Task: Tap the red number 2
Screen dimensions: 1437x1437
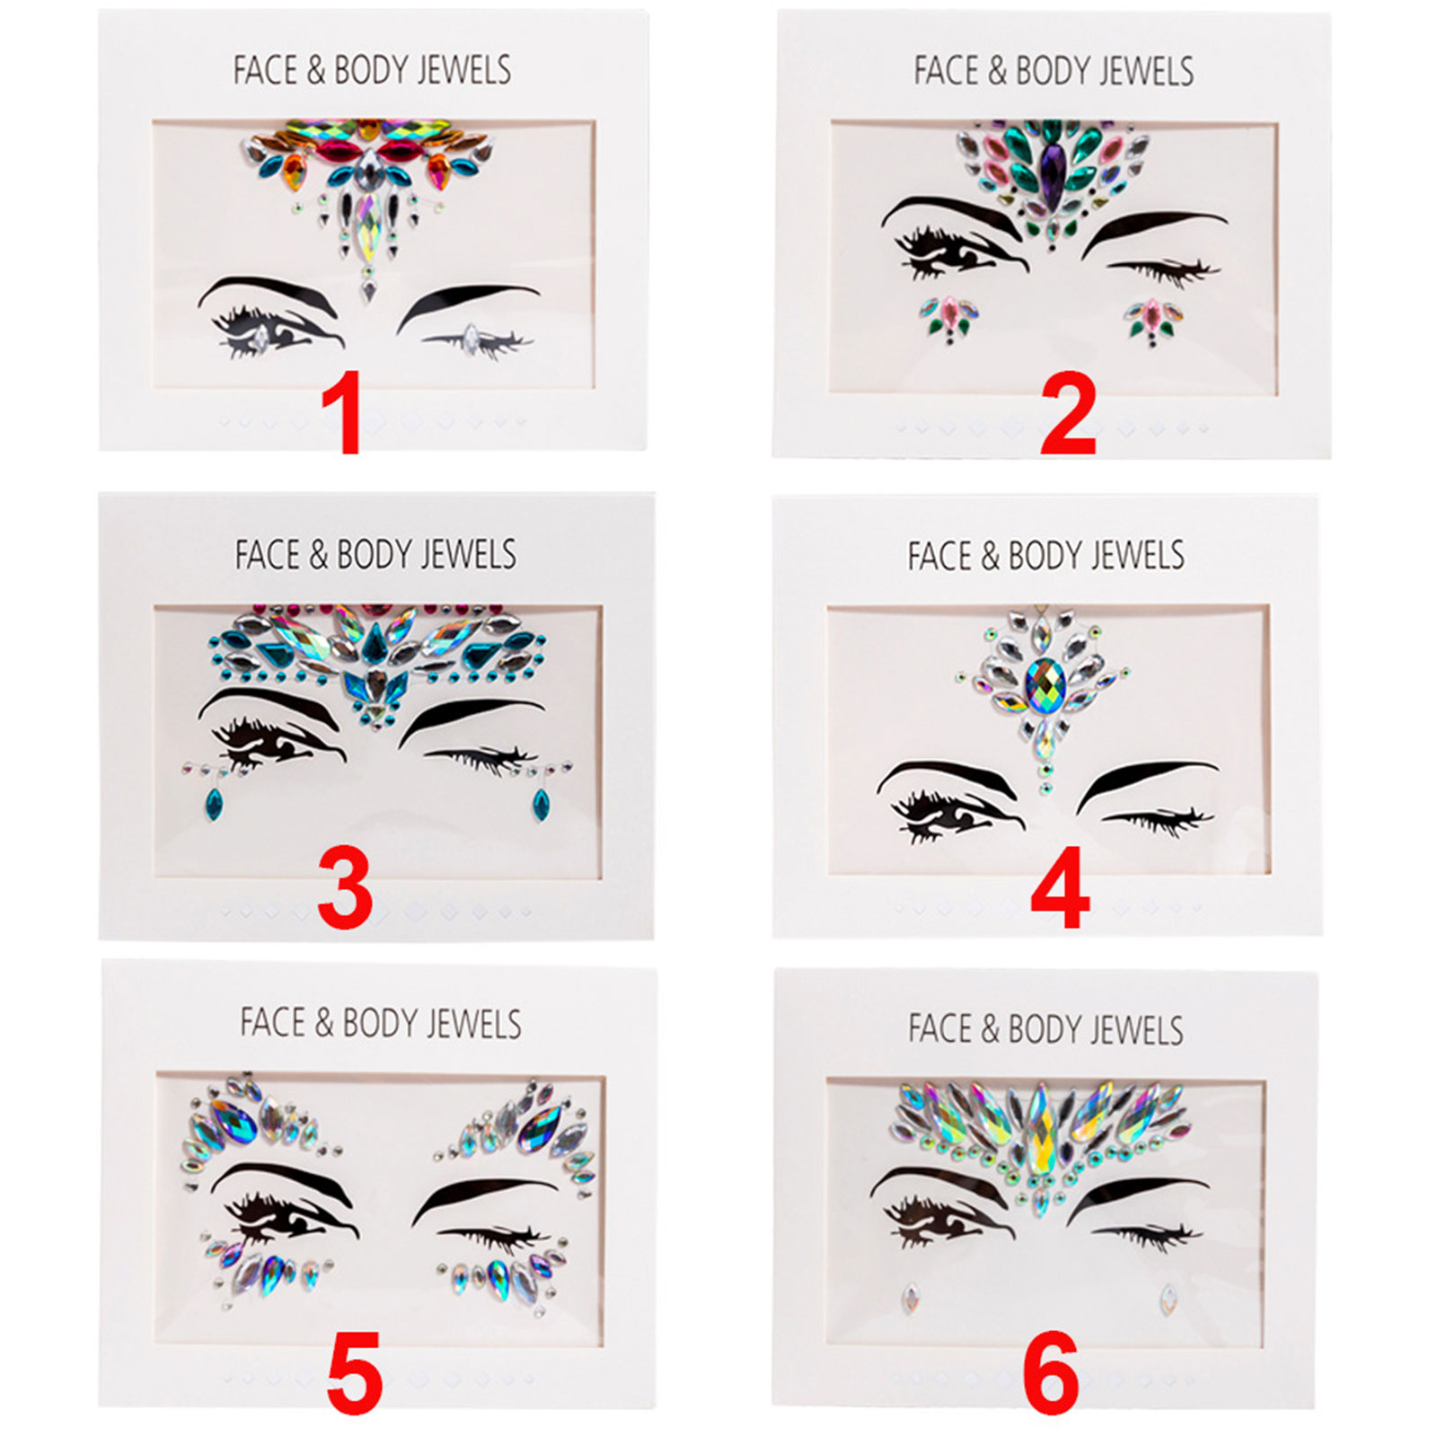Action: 1068,414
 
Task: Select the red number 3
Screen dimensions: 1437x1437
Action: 345,890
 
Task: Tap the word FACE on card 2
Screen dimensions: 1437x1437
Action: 947,71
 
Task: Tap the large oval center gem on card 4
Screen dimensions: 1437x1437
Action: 1045,686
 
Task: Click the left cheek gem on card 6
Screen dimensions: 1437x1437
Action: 912,1297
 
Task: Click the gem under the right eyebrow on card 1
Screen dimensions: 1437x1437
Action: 470,338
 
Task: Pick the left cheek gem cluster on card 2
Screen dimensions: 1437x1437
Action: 948,320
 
